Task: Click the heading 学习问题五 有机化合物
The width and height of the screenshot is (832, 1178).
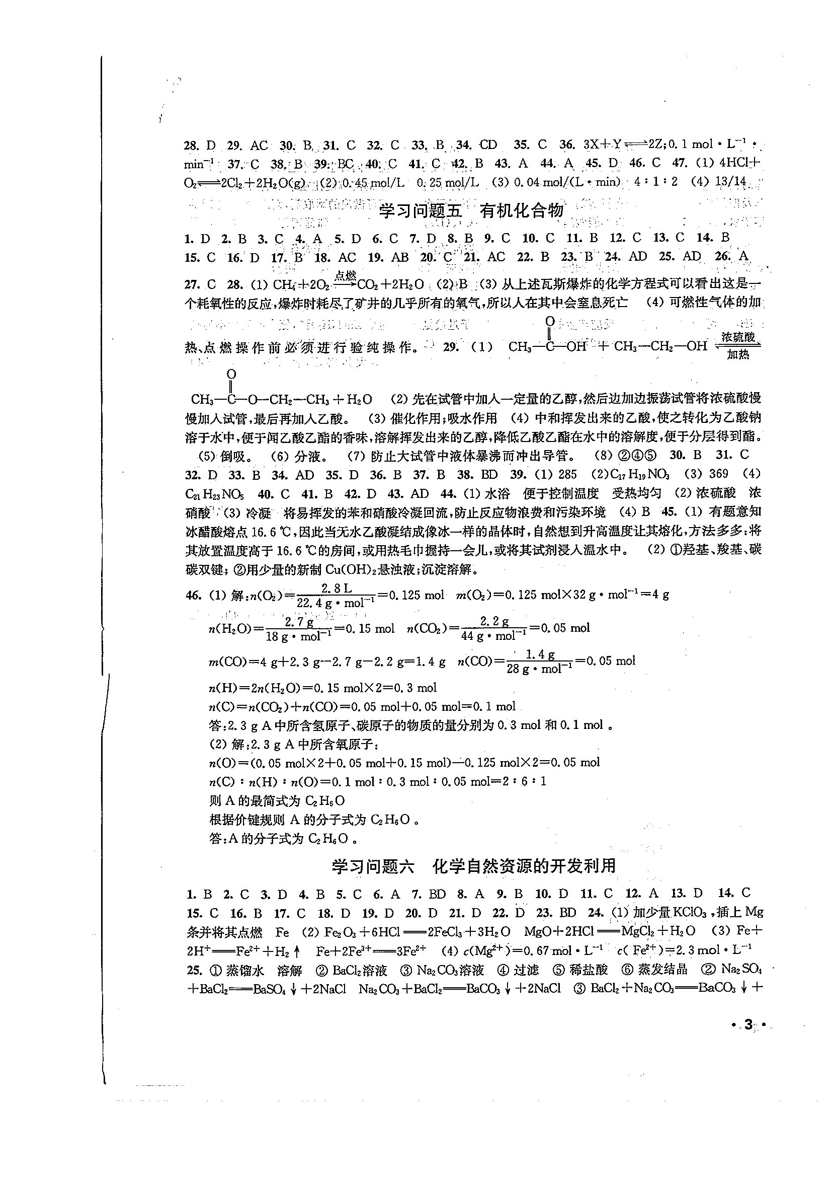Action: (x=471, y=211)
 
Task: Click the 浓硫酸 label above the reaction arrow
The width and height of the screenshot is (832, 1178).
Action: (x=737, y=337)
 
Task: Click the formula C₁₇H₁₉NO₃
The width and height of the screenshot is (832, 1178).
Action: (x=640, y=474)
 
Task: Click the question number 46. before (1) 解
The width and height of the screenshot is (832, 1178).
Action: (x=192, y=595)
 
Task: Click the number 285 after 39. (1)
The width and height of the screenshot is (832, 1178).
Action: (x=567, y=474)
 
